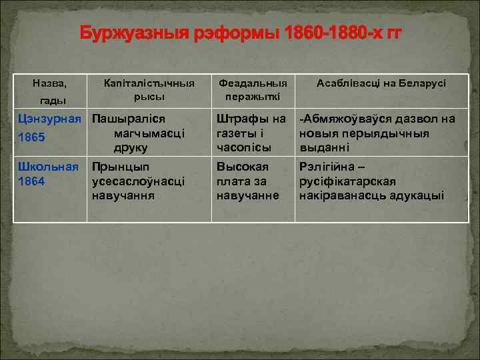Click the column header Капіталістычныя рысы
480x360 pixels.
pos(149,90)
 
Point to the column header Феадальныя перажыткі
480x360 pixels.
pos(253,90)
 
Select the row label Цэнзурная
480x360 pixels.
pos(50,119)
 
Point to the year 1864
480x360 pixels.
pos(31,181)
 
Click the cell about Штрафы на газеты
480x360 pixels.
pos(251,133)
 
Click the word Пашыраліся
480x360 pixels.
pos(128,119)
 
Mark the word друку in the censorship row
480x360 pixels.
pos(131,147)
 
